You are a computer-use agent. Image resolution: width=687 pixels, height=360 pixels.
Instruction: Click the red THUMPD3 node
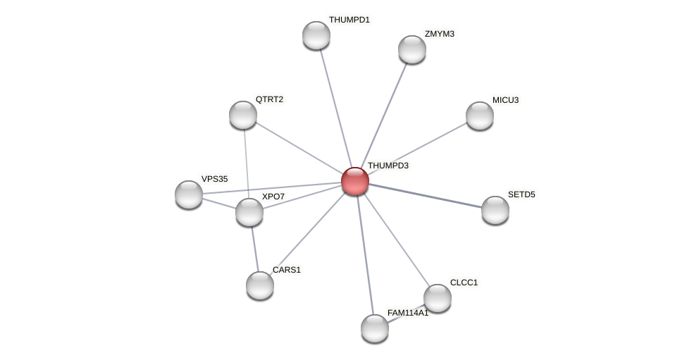(x=354, y=181)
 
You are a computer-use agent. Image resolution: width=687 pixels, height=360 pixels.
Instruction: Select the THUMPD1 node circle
(x=316, y=35)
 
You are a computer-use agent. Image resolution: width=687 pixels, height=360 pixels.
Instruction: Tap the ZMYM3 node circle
(x=412, y=49)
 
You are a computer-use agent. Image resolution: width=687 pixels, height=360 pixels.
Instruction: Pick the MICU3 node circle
(x=480, y=116)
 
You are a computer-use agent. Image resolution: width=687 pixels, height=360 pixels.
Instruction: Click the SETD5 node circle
(x=495, y=210)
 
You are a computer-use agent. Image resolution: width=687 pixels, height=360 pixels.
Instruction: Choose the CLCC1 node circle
(x=438, y=298)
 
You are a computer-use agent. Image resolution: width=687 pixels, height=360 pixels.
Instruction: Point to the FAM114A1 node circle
(x=375, y=328)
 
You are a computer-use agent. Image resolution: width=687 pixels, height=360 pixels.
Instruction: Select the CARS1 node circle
(x=260, y=285)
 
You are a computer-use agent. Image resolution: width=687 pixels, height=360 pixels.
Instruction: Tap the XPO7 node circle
(x=249, y=212)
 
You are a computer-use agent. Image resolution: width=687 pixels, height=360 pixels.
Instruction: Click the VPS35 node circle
(x=189, y=194)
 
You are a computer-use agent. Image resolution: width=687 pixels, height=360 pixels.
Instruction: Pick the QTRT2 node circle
(x=243, y=115)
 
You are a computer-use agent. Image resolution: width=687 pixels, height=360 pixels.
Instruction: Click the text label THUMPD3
(x=388, y=166)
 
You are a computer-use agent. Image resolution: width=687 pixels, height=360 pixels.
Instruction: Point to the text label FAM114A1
(x=407, y=313)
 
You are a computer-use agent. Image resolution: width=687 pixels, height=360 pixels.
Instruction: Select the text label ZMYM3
(x=439, y=34)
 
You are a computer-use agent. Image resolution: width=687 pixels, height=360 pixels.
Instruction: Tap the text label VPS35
(x=214, y=179)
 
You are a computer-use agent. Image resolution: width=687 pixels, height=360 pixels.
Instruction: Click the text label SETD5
(x=521, y=194)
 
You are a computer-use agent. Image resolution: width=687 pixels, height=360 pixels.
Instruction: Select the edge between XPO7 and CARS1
(x=255, y=249)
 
